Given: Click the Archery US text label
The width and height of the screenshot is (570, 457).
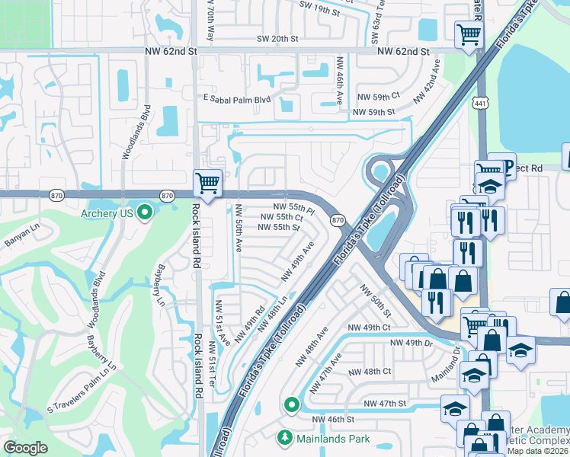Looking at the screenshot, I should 107,213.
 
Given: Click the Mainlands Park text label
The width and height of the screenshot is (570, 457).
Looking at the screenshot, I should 334,439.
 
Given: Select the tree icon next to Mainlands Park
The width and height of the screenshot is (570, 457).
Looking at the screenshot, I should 285,438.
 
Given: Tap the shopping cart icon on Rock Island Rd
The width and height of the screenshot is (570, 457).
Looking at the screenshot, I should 207,183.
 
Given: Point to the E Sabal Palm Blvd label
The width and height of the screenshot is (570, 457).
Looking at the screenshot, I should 237,99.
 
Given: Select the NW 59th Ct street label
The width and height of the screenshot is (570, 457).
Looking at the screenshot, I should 379,96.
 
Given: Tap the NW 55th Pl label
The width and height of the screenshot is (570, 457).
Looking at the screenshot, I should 294,207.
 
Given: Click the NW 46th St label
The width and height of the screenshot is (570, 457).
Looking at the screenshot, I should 333,420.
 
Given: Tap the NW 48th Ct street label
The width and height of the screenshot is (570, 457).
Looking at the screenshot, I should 370,372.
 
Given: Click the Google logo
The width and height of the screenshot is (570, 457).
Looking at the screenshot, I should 26,447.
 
